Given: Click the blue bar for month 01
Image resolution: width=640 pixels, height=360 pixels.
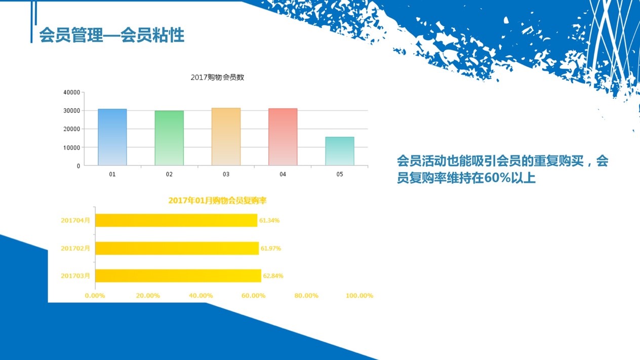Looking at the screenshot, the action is click(x=112, y=137).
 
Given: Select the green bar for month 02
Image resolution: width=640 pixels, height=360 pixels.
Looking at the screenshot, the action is click(x=169, y=138).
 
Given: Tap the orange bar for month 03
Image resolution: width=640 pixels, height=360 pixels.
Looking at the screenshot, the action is click(x=226, y=137).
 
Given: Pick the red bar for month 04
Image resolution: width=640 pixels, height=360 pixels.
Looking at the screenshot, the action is click(x=283, y=137).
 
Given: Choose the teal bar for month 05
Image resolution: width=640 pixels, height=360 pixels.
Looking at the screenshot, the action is click(x=340, y=151).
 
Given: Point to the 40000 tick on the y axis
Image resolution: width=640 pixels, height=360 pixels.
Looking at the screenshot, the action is click(x=72, y=92).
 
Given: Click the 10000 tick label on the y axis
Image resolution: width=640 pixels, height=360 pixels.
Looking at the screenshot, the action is click(x=72, y=148).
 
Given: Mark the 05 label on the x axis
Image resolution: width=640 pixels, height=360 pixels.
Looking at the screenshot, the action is click(x=340, y=174).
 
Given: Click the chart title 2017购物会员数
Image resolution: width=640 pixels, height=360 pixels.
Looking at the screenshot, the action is click(x=217, y=77).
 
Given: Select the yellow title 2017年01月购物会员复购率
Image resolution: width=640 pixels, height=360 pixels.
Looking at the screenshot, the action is click(x=217, y=201).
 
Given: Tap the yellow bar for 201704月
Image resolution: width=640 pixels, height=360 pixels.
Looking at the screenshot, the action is click(x=176, y=220).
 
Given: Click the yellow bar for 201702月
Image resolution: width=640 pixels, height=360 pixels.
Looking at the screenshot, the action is click(x=177, y=248).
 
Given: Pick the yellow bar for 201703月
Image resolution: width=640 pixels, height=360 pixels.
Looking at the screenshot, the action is click(x=178, y=276).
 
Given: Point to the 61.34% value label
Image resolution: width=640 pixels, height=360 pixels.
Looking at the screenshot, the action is click(x=269, y=220).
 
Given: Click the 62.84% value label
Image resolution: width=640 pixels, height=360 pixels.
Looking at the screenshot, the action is click(x=273, y=276).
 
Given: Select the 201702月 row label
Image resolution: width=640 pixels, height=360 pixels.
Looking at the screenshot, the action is click(x=75, y=248).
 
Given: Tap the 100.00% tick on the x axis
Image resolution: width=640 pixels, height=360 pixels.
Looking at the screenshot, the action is click(x=359, y=296).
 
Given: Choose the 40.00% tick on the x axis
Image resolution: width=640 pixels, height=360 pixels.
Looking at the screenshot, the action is click(x=201, y=296).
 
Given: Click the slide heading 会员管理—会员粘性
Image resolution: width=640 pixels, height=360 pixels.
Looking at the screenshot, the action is click(x=112, y=35).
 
